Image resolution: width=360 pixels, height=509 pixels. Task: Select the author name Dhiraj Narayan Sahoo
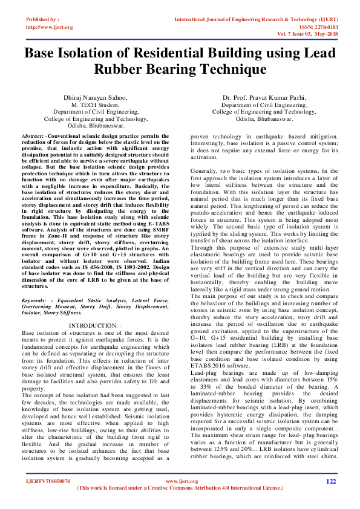pos(96,97)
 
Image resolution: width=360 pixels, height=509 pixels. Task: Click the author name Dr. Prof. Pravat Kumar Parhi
pos(264,97)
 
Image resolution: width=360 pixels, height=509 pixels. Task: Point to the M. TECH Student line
pos(96,104)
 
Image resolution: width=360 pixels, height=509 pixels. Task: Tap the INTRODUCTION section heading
pos(94,326)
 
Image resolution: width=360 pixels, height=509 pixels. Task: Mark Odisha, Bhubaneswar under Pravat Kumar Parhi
pos(264,118)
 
